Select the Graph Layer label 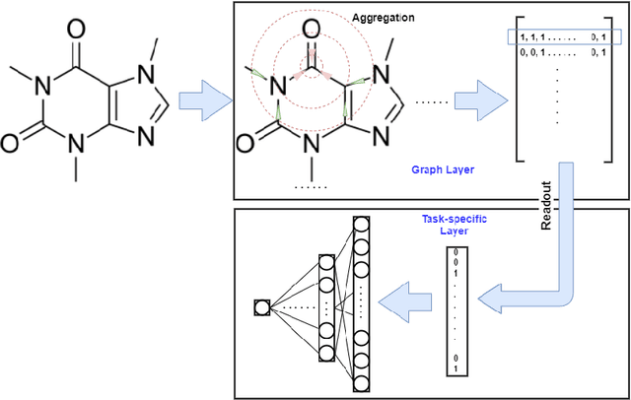pos(441,169)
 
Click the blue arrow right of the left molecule pos(202,100)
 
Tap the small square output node pos(260,307)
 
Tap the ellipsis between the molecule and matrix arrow pos(432,100)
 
